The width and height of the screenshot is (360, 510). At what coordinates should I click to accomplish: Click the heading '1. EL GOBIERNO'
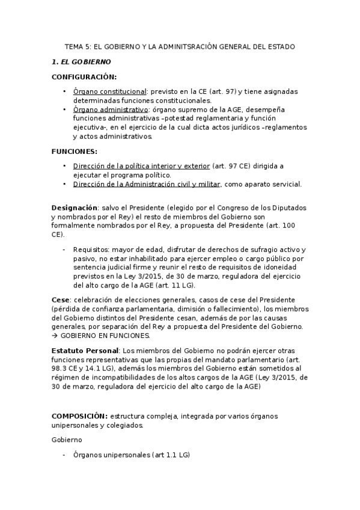coord(81,62)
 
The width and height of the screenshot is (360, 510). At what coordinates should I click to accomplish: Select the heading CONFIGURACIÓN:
coord(84,77)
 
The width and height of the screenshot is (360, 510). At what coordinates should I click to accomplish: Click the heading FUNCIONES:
coord(74,151)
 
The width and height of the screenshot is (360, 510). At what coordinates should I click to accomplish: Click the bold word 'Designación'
coord(75,207)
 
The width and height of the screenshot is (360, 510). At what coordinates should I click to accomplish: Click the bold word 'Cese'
coord(61,299)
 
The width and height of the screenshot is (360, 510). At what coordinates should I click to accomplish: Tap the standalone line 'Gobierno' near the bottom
coord(67,440)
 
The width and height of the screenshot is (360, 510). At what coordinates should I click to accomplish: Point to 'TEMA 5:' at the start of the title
coord(78,46)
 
